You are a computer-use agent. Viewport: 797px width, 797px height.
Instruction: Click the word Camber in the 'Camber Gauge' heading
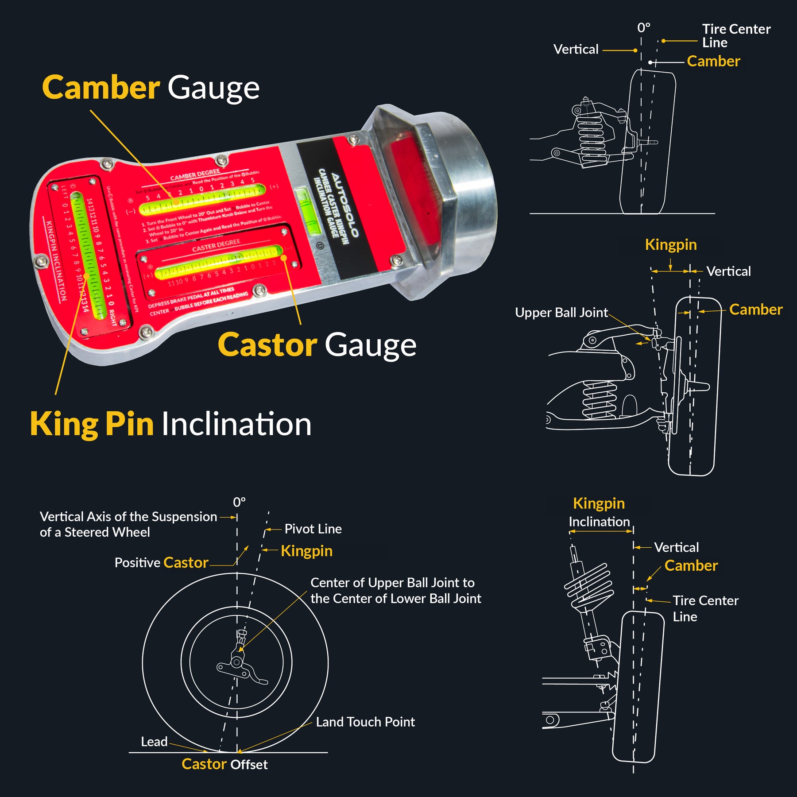[101, 88]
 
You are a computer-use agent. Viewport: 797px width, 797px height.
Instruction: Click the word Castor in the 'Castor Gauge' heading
[267, 345]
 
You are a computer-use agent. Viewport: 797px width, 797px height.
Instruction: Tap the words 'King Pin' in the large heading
[92, 424]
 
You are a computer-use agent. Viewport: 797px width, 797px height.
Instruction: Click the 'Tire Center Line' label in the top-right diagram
[735, 36]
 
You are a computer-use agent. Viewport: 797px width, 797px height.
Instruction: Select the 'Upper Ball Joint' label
[561, 313]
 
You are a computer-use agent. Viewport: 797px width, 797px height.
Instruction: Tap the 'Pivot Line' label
[313, 529]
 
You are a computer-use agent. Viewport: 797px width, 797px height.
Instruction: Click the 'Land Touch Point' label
[365, 722]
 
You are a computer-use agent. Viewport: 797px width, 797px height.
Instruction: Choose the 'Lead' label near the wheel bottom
[154, 742]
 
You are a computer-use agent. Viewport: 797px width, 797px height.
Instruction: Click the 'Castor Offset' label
[224, 764]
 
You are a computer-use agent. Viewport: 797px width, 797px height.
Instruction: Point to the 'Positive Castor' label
[161, 562]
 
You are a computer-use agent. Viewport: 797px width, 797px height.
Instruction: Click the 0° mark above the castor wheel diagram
[239, 502]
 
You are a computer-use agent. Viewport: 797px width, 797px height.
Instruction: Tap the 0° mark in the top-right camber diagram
[643, 28]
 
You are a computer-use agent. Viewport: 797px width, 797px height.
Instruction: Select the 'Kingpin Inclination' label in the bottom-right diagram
[599, 512]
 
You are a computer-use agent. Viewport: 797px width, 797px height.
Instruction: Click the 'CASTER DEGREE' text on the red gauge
[216, 246]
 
